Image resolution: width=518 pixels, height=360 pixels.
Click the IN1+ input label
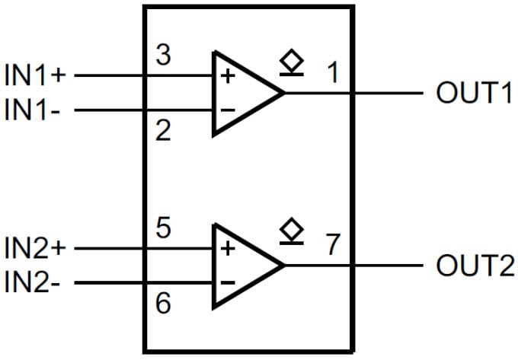point(37,76)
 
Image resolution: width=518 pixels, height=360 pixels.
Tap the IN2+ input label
point(37,248)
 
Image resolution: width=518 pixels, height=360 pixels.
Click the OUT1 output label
point(475,94)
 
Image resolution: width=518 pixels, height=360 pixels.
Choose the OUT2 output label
point(475,266)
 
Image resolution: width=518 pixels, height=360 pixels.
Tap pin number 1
point(332,73)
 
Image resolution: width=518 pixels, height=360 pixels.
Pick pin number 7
point(332,245)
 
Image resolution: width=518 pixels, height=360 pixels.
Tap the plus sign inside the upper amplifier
point(227,76)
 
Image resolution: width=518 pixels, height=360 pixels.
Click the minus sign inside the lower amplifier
point(227,283)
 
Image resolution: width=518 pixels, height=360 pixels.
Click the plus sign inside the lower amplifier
point(227,249)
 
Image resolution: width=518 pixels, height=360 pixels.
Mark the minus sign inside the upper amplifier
point(227,110)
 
